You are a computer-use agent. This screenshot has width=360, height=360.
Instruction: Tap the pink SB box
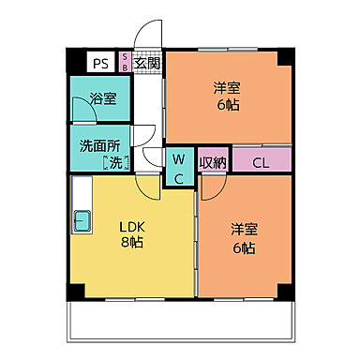pyautogui.click(x=125, y=63)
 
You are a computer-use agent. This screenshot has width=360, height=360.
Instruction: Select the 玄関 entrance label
pyautogui.click(x=147, y=64)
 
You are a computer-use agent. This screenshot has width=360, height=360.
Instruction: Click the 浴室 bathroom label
pyautogui.click(x=103, y=97)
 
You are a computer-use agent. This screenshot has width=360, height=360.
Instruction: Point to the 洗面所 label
pyautogui.click(x=97, y=146)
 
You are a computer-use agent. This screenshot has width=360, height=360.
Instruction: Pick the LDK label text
pyautogui.click(x=129, y=225)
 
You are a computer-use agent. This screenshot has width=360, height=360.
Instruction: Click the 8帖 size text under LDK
pyautogui.click(x=129, y=242)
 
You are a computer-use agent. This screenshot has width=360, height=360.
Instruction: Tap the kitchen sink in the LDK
pyautogui.click(x=82, y=223)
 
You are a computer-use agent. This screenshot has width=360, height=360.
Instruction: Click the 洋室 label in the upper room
pyautogui.click(x=226, y=89)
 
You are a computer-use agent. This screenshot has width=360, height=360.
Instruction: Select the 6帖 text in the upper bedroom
pyautogui.click(x=226, y=106)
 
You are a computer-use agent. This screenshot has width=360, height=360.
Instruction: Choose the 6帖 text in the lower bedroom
pyautogui.click(x=244, y=247)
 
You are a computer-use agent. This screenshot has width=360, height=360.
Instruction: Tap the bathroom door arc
pyautogui.click(x=83, y=119)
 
